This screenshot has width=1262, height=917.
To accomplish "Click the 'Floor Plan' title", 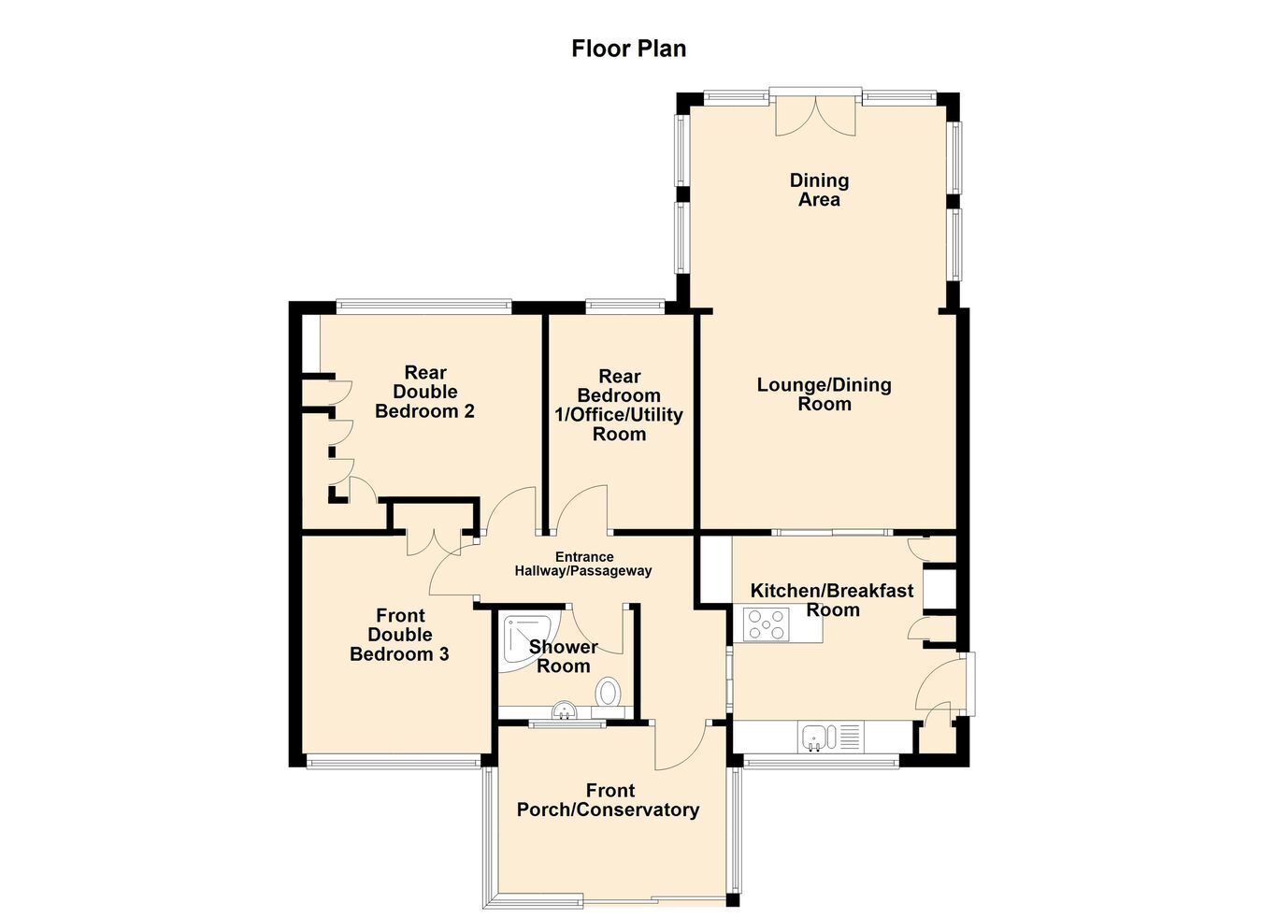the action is [x=629, y=49].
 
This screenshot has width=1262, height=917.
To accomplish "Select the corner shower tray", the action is [x=531, y=646].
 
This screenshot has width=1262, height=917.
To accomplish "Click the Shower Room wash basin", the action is [x=564, y=710].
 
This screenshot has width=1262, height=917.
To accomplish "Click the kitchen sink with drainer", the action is [x=832, y=738].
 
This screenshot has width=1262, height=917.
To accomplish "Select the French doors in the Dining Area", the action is [x=815, y=117].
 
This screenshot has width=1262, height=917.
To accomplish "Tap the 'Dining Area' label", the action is [x=819, y=190].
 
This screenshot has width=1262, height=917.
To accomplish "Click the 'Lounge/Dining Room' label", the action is [x=825, y=394].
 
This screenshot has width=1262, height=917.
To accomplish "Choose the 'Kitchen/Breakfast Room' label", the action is [x=832, y=600].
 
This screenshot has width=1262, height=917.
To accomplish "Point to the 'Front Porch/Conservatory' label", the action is [x=609, y=800].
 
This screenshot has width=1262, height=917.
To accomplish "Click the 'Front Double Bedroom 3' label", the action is [x=399, y=635].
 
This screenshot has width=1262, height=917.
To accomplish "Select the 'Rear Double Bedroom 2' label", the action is [x=424, y=392].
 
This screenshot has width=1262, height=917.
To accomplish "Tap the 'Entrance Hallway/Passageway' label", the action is [x=583, y=564].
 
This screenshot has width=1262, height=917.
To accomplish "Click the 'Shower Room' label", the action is [x=564, y=656].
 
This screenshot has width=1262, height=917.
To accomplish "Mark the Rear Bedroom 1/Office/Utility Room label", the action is [x=619, y=405].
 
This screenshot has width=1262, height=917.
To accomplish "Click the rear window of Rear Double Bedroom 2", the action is [x=424, y=307].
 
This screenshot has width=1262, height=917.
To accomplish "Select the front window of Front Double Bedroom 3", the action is [x=394, y=763].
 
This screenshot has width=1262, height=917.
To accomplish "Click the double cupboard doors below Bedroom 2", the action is [x=433, y=542].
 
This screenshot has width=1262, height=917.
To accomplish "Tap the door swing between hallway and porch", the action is [x=681, y=747].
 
